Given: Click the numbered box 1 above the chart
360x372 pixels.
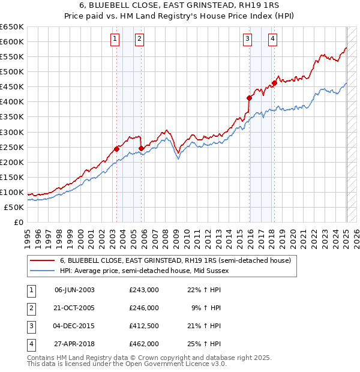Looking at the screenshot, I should pos(115,40).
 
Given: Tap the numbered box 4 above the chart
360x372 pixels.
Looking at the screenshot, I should pos(272,40).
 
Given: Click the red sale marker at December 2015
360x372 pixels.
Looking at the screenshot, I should pos(248,97).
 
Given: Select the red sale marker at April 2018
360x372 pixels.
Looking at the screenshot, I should pos(274,83).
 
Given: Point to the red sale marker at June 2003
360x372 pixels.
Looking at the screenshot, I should pos(116,149).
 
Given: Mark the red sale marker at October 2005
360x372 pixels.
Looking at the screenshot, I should pos(141,148).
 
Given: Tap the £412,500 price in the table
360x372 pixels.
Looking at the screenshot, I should pos(143,326).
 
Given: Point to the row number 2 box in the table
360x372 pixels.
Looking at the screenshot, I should pos(30,308).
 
